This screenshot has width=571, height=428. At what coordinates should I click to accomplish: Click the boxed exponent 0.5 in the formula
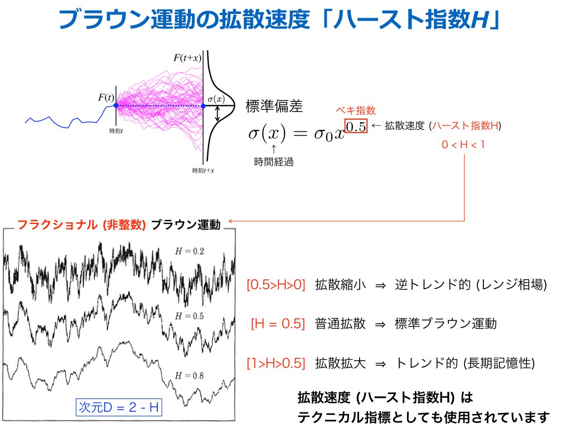tap(356, 127)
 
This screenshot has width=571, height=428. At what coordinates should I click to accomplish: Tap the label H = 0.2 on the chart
tap(190, 251)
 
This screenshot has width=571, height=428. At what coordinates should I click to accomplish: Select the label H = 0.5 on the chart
tap(190, 316)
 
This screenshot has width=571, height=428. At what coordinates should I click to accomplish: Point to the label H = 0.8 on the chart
tap(190, 376)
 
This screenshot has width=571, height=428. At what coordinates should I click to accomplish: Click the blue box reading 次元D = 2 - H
tap(119, 407)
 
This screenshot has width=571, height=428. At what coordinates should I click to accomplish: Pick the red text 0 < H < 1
tap(463, 145)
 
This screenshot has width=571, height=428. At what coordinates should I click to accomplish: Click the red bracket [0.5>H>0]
tap(275, 285)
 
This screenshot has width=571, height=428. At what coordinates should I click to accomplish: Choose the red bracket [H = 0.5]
tap(278, 324)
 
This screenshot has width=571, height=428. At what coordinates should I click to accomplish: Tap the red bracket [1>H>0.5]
tap(275, 363)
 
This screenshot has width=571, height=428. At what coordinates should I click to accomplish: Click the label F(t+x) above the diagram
tap(187, 58)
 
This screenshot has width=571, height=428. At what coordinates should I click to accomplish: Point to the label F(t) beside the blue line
tap(106, 98)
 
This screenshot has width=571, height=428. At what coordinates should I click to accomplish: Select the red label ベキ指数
tap(355, 110)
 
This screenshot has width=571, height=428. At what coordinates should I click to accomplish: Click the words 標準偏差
tap(274, 106)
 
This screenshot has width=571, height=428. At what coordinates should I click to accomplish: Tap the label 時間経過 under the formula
tap(274, 162)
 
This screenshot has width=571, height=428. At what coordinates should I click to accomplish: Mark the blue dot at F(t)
tap(116, 105)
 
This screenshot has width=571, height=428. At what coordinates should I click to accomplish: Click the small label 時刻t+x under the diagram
tap(203, 171)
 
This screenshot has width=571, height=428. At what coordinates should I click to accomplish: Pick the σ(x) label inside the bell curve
tap(216, 99)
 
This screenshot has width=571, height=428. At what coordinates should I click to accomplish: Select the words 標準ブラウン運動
tap(446, 324)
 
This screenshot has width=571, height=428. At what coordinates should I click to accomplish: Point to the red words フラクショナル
tap(57, 225)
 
